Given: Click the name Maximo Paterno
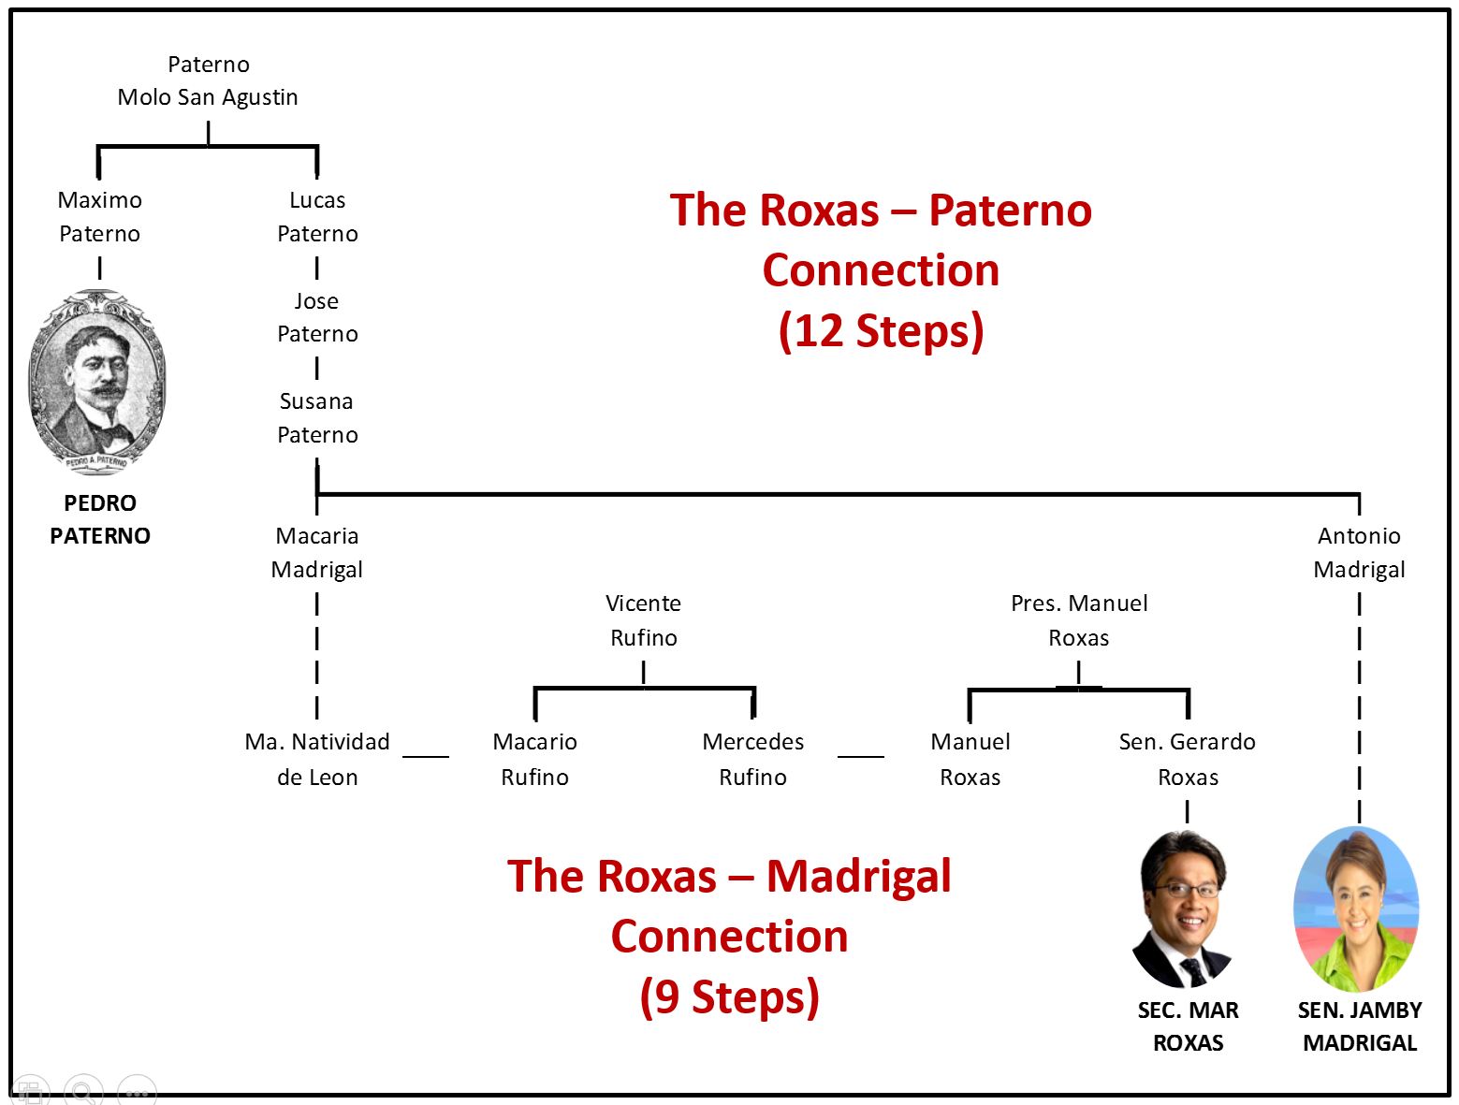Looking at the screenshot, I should [99, 217].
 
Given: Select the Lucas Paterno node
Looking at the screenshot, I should [317, 217].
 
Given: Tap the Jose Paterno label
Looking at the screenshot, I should [317, 317].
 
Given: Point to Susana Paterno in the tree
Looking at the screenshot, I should [317, 418].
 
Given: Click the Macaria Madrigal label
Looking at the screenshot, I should [317, 553].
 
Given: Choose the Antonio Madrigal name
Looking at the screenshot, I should [1359, 553].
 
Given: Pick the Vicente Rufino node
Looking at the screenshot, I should [644, 620].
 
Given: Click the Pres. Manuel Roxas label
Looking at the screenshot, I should [1079, 620].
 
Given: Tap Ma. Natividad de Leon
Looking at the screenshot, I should [317, 759].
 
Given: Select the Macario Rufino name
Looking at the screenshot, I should [535, 759].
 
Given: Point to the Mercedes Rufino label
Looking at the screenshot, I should [753, 759].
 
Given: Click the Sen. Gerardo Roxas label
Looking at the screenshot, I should [1188, 759].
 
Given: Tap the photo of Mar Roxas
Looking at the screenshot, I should [1185, 909].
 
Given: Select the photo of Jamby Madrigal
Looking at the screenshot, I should [1356, 909].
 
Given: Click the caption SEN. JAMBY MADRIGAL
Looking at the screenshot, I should [1360, 1026].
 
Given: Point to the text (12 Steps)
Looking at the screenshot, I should [881, 331].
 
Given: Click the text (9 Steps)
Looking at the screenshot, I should [729, 996].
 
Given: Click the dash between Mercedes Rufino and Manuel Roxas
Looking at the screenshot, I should [861, 756].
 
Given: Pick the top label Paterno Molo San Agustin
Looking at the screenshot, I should [208, 80].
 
